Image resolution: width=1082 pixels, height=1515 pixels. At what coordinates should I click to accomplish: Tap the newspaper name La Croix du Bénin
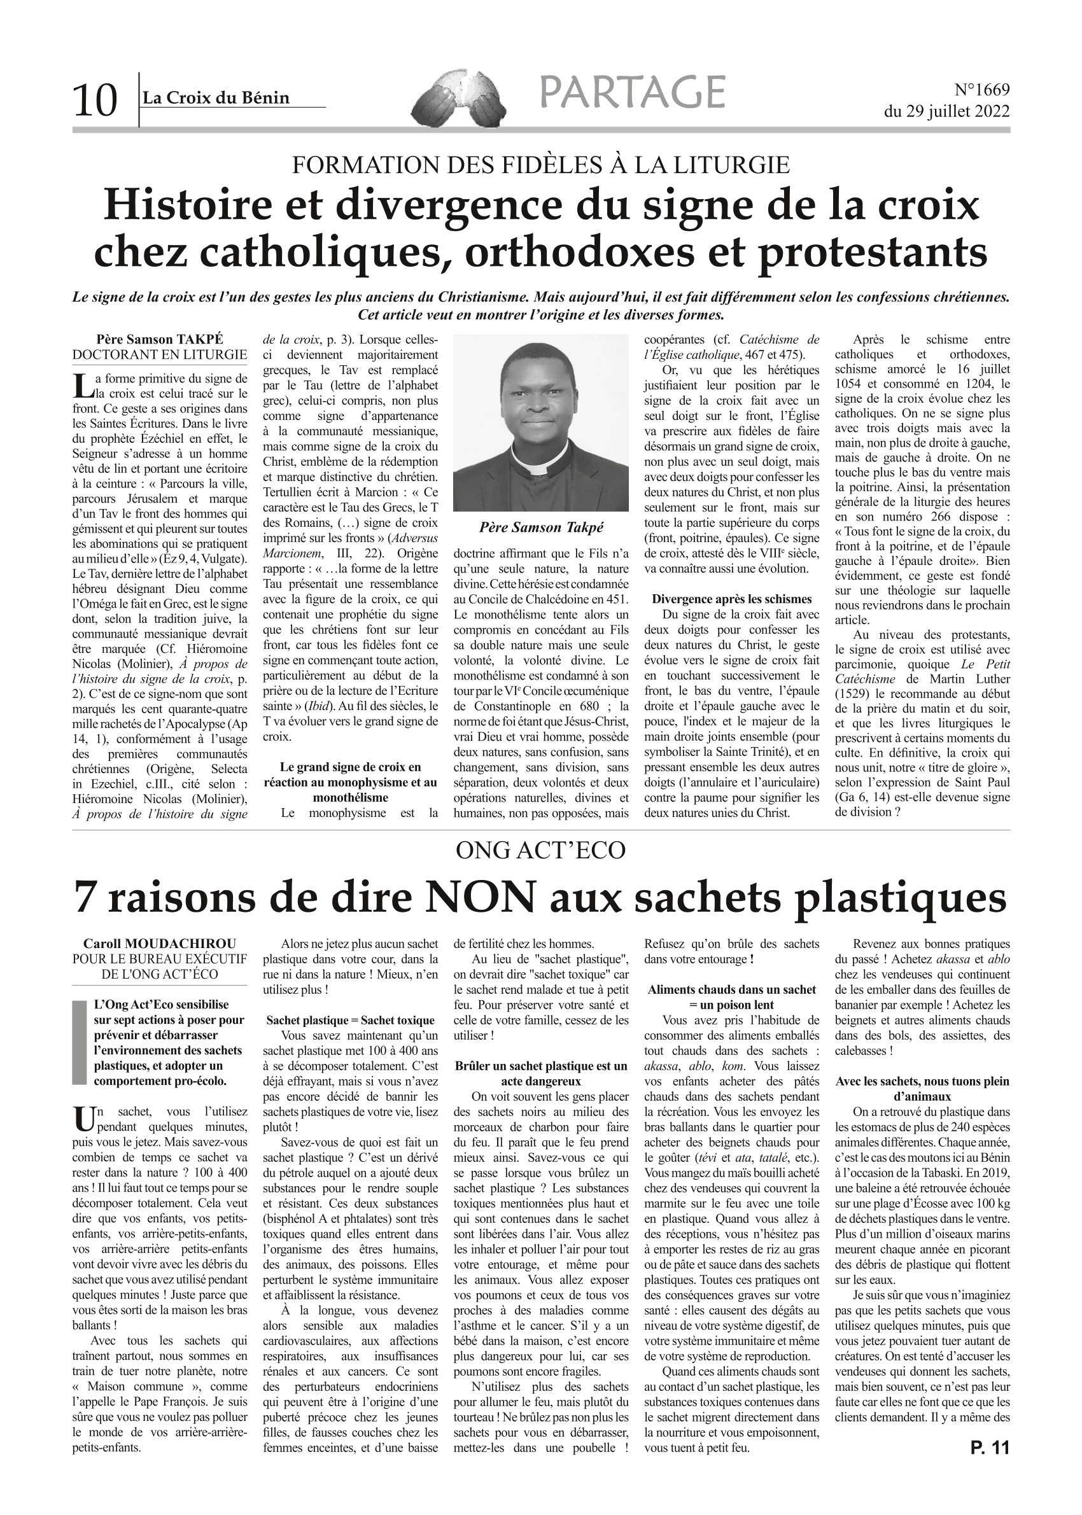216,98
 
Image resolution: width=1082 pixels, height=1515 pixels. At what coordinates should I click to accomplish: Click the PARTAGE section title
631,92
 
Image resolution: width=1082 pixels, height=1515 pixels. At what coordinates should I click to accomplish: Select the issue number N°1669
982,89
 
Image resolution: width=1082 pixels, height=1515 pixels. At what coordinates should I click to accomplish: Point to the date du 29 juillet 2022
946,111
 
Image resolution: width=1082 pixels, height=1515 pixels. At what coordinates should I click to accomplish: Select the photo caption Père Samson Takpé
540,527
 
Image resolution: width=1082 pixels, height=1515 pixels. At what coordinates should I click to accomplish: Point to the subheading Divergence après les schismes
731,599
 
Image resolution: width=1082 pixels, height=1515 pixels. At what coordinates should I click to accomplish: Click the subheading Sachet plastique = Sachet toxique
350,1020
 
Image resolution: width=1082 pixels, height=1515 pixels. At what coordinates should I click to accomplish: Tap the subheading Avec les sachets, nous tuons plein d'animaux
922,1089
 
